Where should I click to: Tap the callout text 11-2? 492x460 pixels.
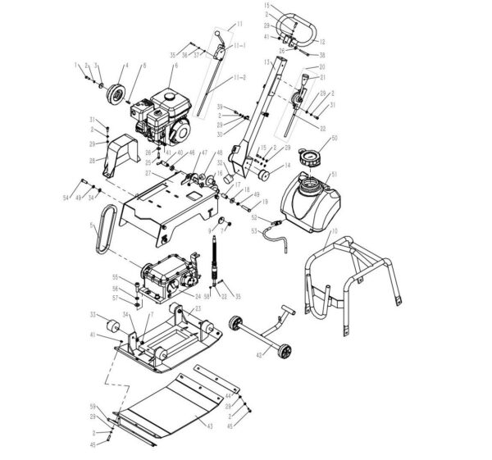click(x=239, y=76)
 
